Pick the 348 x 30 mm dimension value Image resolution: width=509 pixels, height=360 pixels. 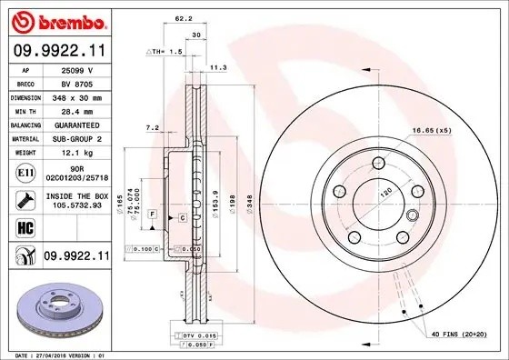click(79, 96)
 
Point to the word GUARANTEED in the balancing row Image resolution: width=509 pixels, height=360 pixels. click(79, 124)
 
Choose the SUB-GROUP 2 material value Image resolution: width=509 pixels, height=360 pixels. click(79, 138)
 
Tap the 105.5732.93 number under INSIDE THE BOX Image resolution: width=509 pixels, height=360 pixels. click(79, 205)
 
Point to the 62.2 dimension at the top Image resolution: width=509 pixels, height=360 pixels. click(182, 18)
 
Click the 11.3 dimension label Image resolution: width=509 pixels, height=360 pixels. click(218, 66)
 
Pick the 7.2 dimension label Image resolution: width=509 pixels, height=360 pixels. click(152, 128)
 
